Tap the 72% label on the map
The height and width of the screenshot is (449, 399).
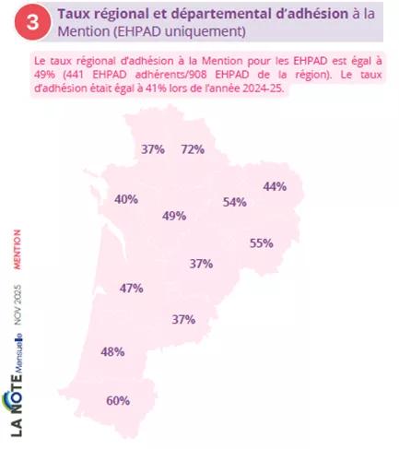pos(193,148)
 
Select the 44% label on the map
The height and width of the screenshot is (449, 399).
pos(275,186)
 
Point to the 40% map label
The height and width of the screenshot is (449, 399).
pos(126,199)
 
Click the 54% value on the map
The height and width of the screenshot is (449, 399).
pos(235,202)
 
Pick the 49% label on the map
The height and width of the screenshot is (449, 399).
pos(174,216)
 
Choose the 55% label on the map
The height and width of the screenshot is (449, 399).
pos(262,243)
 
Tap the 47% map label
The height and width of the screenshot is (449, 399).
pos(131,288)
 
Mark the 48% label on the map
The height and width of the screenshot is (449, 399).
pos(112,351)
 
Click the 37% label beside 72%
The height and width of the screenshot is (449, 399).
pos(153,148)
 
